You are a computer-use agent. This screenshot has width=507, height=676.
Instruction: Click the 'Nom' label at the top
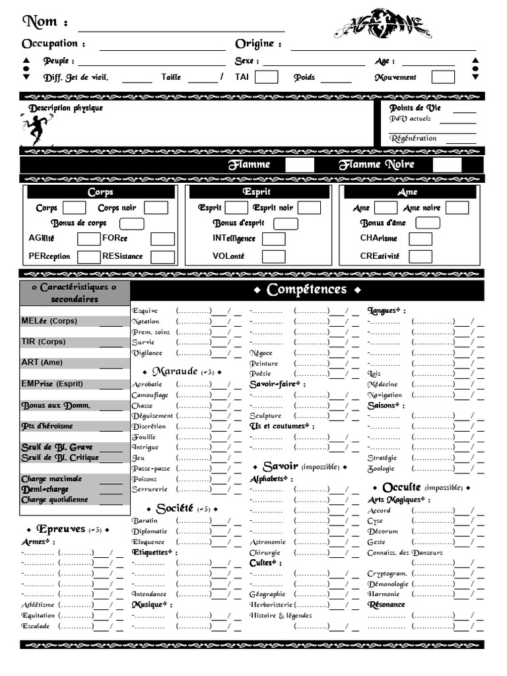pyautogui.click(x=40, y=22)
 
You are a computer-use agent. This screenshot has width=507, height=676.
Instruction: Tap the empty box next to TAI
pyautogui.click(x=266, y=77)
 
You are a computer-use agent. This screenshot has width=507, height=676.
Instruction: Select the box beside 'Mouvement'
pyautogui.click(x=443, y=77)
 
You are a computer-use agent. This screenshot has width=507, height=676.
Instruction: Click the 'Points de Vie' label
pyautogui.click(x=415, y=108)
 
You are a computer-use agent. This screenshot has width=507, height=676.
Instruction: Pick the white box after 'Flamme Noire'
pyautogui.click(x=447, y=164)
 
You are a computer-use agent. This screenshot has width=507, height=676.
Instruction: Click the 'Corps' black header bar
pyautogui.click(x=100, y=192)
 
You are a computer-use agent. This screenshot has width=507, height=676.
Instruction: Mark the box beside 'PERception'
pyautogui.click(x=89, y=256)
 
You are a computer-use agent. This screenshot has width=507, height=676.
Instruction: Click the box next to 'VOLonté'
pyautogui.click(x=274, y=256)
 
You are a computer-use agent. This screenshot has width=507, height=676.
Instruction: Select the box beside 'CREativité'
pyautogui.click(x=421, y=256)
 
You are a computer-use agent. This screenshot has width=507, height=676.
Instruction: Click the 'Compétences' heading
pyautogui.click(x=307, y=290)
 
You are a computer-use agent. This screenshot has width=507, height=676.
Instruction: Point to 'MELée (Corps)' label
pyautogui.click(x=50, y=321)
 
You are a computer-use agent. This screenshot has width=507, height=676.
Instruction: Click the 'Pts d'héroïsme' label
pyautogui.click(x=48, y=426)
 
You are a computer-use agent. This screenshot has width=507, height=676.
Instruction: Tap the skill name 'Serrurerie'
pyautogui.click(x=149, y=490)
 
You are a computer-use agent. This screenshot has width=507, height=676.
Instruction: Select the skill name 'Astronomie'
pyautogui.click(x=267, y=542)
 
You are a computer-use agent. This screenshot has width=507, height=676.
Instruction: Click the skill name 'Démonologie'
pyautogui.click(x=388, y=584)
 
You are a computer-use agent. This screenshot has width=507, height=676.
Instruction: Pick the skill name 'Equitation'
pyautogui.click(x=38, y=615)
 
